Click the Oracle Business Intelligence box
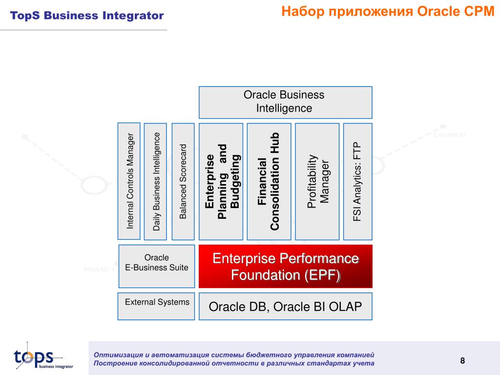[x=285, y=102]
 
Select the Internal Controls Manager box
[x=129, y=181]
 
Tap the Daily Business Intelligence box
[x=156, y=181]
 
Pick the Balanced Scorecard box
[x=183, y=181]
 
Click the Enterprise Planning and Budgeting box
[x=221, y=181]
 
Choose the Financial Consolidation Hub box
[x=269, y=181]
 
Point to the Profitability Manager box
[x=317, y=181]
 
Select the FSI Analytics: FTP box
[x=358, y=181]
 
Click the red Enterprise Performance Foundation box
[x=285, y=266]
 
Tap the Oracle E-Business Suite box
[x=156, y=266]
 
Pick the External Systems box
[x=156, y=306]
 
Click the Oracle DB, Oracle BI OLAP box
[x=285, y=307]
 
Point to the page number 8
[x=462, y=361]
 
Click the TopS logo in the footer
[x=37, y=357]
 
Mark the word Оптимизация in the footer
[x=117, y=354]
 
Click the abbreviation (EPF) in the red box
[x=323, y=275]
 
